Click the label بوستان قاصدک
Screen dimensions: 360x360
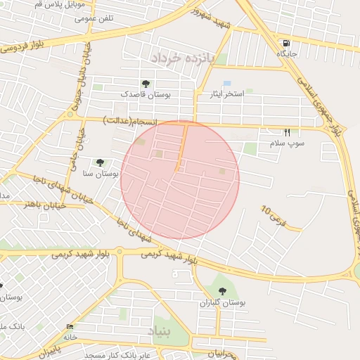[x=146, y=94]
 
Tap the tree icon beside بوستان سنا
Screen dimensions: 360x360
[x=100, y=162]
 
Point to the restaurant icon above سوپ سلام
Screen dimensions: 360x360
[x=287, y=132]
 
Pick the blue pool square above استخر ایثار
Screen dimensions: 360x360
[x=227, y=84]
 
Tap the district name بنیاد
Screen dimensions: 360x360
[x=159, y=330]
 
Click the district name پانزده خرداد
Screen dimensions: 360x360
[x=176, y=57]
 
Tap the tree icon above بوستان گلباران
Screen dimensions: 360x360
[x=222, y=290]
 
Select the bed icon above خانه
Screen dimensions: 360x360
[x=70, y=328]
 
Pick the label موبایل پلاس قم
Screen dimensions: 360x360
[x=61, y=4]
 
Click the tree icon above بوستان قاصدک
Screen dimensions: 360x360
[x=146, y=84]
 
